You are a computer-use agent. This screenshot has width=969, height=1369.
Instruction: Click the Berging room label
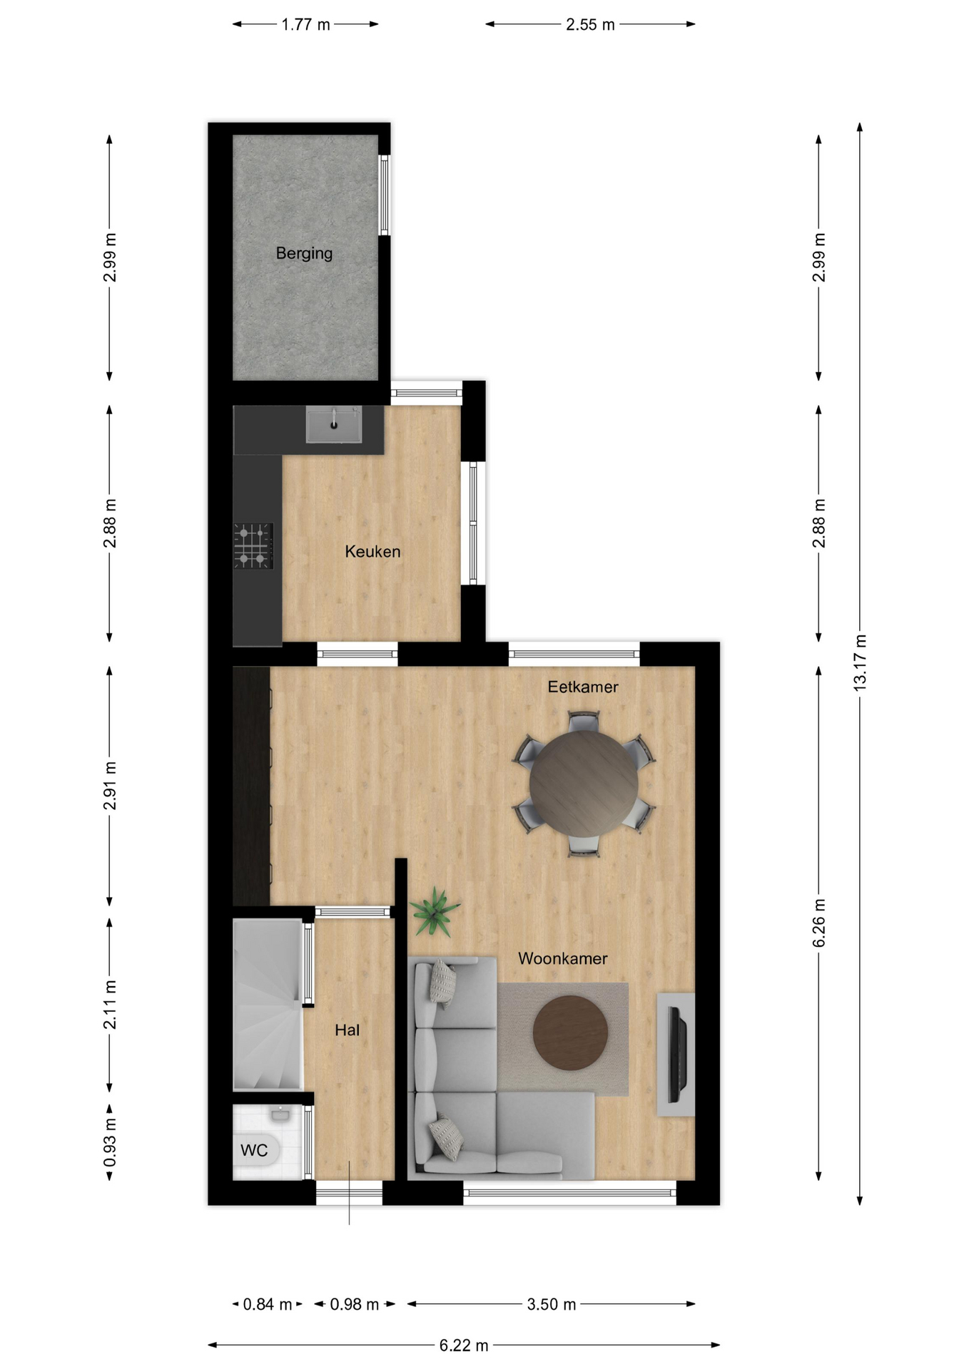point(304,253)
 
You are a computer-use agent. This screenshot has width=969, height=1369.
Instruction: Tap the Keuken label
point(372,551)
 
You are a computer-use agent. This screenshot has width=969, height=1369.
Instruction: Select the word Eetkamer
point(583,687)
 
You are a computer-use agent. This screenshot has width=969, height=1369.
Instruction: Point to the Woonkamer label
point(563,958)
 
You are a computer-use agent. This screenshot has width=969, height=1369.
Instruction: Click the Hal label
point(347,1030)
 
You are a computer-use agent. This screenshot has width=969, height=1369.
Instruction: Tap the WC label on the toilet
point(254,1150)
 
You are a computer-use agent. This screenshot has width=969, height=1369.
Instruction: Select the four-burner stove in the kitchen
point(253,546)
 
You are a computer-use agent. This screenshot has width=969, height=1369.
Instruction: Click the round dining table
point(584,783)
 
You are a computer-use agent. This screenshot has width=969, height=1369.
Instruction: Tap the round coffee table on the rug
point(570,1032)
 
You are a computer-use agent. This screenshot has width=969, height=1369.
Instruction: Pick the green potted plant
point(433,911)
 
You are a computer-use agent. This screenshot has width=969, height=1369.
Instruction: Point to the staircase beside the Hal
point(268,1005)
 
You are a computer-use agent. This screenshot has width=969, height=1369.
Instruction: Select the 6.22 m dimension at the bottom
point(464,1345)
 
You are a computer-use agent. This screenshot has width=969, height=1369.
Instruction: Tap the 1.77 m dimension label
point(305,24)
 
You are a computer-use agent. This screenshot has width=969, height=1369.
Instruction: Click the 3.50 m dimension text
point(552,1304)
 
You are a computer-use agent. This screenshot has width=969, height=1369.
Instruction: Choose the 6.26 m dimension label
point(819,923)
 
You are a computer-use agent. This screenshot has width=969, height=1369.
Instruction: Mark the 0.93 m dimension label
point(110,1143)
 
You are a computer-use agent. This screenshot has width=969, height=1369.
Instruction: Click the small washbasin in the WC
point(279,1113)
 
